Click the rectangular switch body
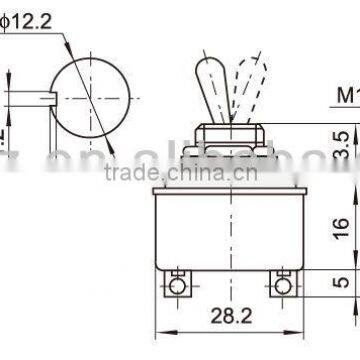(229, 230)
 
